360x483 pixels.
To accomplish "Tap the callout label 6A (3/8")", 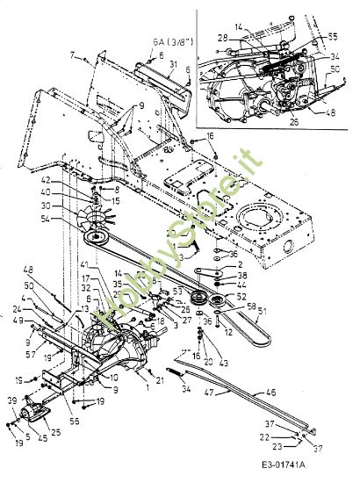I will click(x=167, y=41).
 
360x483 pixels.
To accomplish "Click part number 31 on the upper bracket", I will click(x=174, y=66).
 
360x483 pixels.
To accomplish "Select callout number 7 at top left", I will click(x=74, y=56).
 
